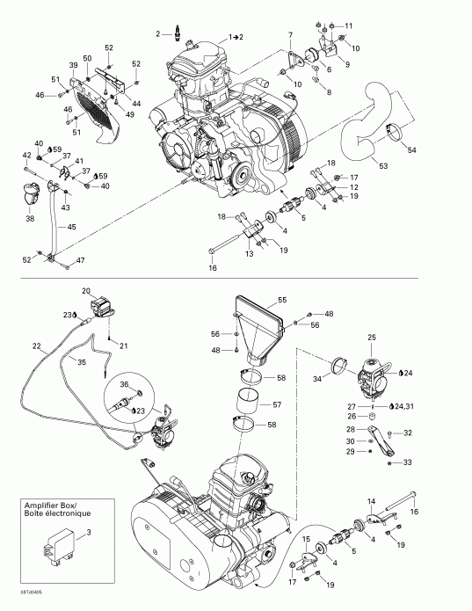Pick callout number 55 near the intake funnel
(x=282, y=300)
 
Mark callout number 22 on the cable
(x=36, y=346)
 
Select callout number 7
(x=289, y=34)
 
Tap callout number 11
(x=347, y=25)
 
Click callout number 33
(x=407, y=462)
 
